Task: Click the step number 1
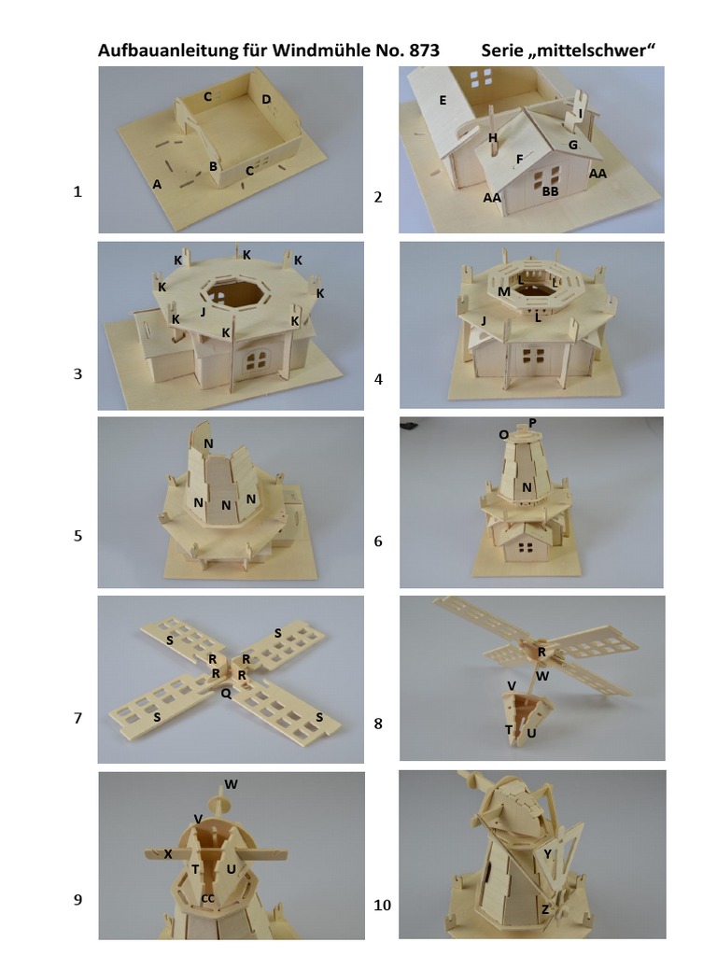pos(77,191)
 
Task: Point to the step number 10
pos(382,905)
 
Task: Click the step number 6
pos(378,541)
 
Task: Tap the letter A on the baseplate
pos(157,184)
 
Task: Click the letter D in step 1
pos(266,99)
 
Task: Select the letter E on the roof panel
pos(443,101)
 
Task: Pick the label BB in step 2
pos(551,191)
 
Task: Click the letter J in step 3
pos(203,312)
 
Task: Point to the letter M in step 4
pos(503,291)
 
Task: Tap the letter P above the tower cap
pos(532,423)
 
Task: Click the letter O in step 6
pos(503,435)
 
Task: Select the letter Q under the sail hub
pos(226,694)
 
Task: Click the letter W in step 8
pos(542,676)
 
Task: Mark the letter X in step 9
pos(168,854)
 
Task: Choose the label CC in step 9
pos(207,898)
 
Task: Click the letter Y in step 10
pos(547,853)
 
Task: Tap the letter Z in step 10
pos(545,909)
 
